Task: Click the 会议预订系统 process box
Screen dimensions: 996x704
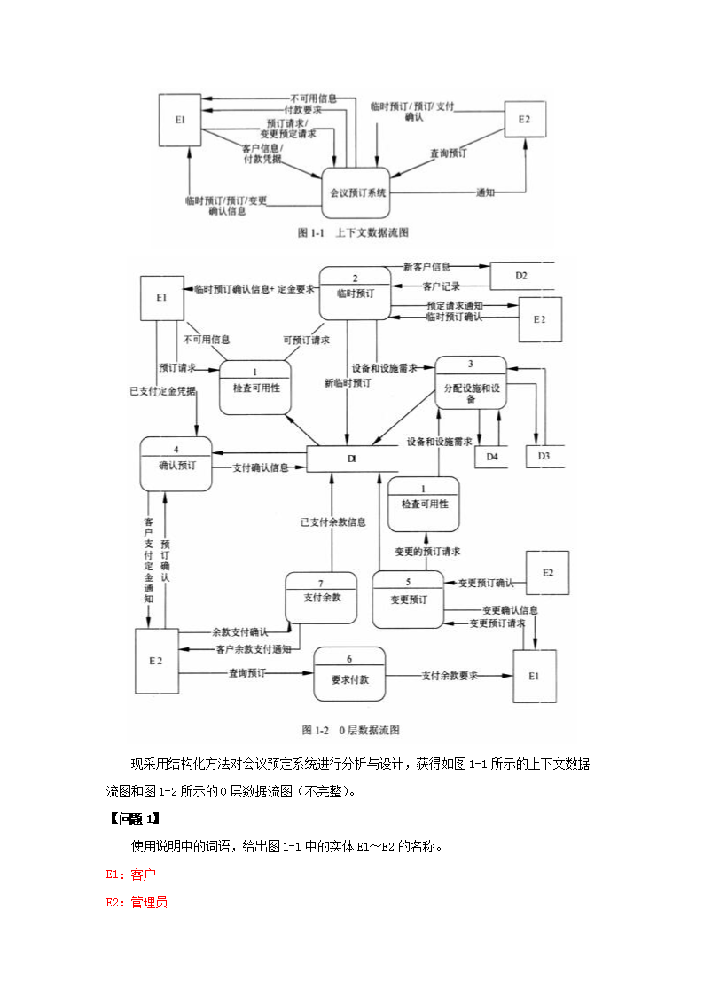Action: coord(356,192)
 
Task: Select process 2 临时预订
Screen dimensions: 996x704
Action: coord(355,292)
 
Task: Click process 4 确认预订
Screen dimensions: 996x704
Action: coord(176,463)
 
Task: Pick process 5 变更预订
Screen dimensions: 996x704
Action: coord(407,598)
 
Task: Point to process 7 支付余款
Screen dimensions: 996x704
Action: coord(321,598)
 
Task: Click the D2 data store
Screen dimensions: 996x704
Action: coord(521,276)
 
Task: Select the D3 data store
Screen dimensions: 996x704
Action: coord(544,456)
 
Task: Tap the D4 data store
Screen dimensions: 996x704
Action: coord(492,456)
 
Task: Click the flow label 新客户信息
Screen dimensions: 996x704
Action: coord(426,266)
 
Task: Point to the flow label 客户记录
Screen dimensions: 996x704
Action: coord(441,286)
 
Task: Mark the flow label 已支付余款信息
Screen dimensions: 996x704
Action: coord(332,522)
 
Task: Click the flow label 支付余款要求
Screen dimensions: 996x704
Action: coord(450,676)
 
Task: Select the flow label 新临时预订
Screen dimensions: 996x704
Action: coord(348,383)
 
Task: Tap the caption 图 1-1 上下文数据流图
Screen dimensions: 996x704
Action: coord(353,232)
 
